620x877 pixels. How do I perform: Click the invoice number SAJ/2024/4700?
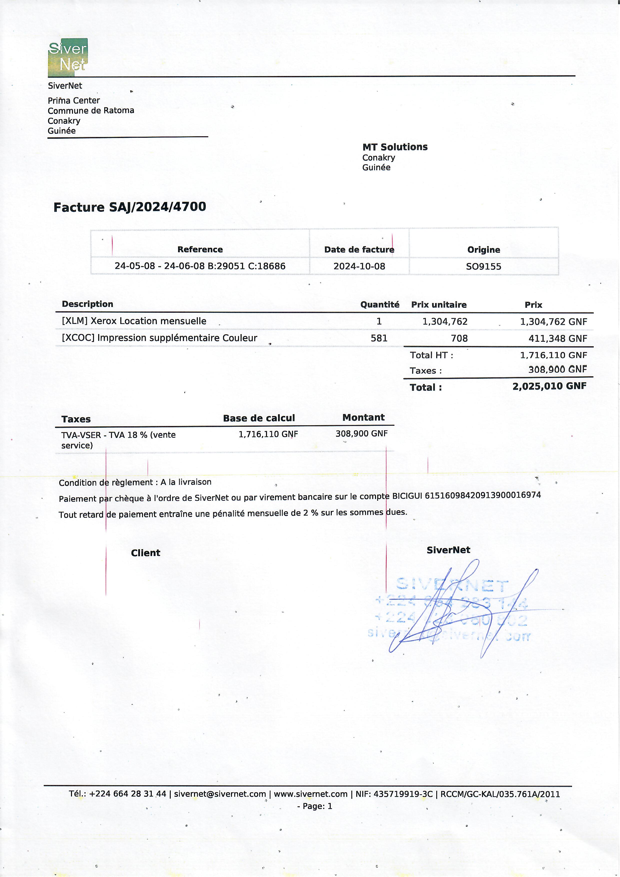pyautogui.click(x=157, y=207)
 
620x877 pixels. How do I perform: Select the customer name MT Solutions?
pyautogui.click(x=394, y=147)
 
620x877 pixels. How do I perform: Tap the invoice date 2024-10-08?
pyautogui.click(x=359, y=266)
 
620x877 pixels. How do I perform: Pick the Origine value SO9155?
pyautogui.click(x=483, y=266)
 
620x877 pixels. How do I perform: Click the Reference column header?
pyautogui.click(x=200, y=249)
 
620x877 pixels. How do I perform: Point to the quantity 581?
pyautogui.click(x=379, y=338)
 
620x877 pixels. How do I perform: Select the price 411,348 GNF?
pyautogui.click(x=557, y=338)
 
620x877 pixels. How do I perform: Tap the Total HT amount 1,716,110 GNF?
pyautogui.click(x=553, y=355)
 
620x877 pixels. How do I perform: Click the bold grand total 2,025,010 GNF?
pyautogui.click(x=549, y=386)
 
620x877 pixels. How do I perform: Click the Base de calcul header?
pyautogui.click(x=258, y=418)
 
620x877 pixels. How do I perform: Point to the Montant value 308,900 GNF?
pyautogui.click(x=361, y=433)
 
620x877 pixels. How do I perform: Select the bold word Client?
pyautogui.click(x=145, y=553)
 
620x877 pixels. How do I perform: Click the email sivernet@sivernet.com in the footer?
pyautogui.click(x=220, y=794)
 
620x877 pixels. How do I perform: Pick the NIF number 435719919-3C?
pyautogui.click(x=403, y=794)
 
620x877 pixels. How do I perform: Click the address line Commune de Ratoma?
pyautogui.click(x=91, y=110)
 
